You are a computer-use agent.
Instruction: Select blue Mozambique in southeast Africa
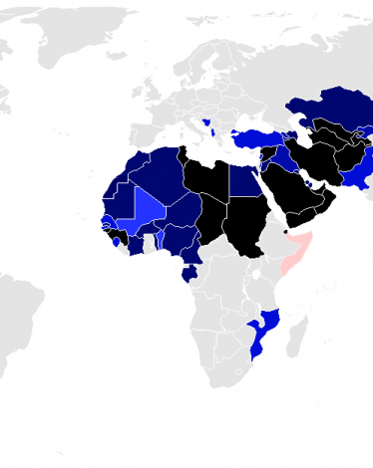(x=261, y=329)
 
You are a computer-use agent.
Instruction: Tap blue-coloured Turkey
(x=254, y=135)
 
